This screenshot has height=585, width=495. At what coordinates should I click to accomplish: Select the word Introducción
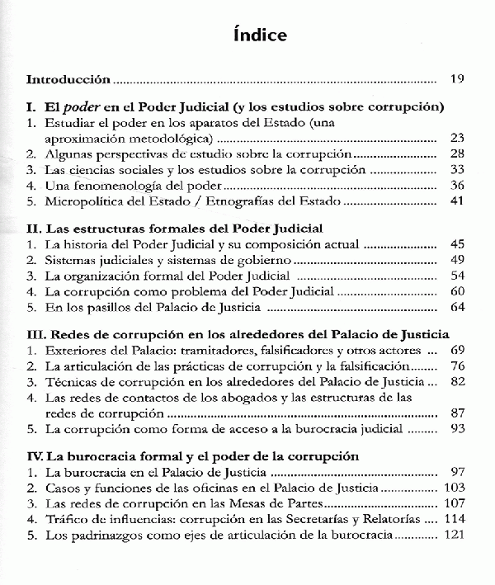click(68, 80)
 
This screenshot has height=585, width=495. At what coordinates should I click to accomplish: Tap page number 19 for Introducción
click(459, 80)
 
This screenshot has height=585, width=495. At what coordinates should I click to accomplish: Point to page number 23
click(459, 137)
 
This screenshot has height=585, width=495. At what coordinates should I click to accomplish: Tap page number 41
click(459, 201)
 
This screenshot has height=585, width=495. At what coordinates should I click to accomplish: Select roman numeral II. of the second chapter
click(33, 228)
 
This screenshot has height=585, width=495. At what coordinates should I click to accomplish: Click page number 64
click(459, 307)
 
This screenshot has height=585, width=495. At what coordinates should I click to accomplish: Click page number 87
click(459, 413)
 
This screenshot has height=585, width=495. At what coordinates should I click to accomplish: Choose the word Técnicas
click(69, 381)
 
